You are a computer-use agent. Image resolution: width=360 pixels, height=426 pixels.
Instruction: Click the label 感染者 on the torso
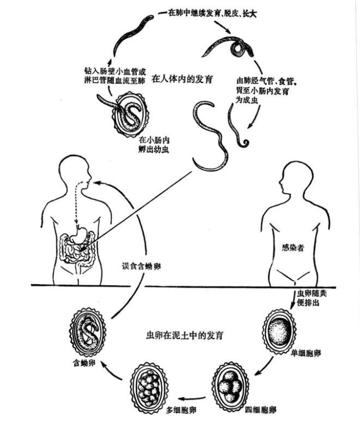(x=293, y=248)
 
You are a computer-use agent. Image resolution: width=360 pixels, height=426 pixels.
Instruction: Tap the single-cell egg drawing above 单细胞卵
(x=279, y=331)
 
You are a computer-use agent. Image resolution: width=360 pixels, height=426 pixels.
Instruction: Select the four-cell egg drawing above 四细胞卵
(x=230, y=385)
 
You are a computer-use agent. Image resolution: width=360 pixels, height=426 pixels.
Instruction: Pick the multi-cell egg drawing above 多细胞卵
(x=149, y=385)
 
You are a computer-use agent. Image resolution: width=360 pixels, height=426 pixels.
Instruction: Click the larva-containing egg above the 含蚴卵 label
(x=87, y=333)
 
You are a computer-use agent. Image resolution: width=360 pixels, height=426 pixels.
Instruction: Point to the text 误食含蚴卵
(x=141, y=266)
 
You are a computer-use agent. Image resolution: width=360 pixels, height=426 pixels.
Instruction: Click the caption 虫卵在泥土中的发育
(x=185, y=335)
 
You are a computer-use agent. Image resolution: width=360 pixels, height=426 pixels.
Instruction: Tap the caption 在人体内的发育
(x=182, y=79)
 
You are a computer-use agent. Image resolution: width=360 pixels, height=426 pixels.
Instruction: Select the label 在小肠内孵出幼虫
(x=154, y=145)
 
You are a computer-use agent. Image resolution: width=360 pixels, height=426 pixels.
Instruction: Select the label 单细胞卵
(x=306, y=353)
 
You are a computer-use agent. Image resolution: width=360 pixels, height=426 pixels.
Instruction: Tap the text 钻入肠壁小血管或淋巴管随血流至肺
(x=115, y=76)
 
